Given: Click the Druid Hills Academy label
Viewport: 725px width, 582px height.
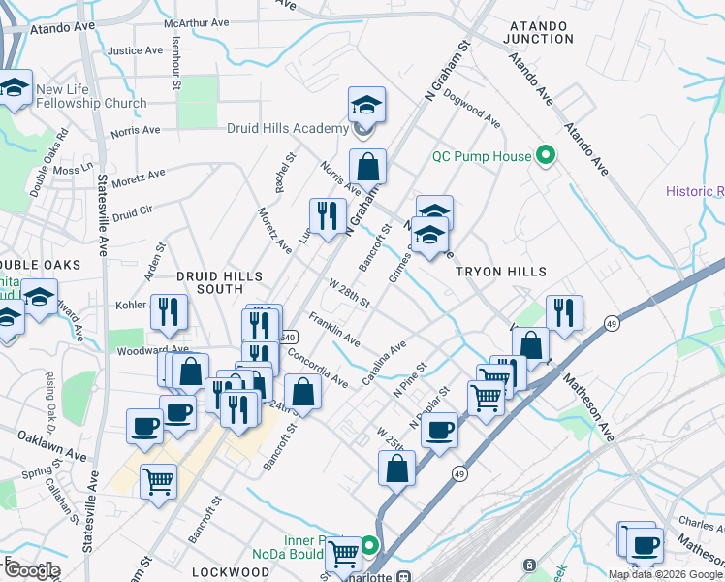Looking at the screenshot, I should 287,129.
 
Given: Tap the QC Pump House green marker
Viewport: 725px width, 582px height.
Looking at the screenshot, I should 545,156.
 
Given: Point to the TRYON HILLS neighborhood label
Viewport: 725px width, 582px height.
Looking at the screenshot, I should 502,272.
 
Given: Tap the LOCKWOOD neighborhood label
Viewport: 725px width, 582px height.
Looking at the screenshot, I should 230,572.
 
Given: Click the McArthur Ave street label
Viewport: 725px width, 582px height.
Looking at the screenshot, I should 197,21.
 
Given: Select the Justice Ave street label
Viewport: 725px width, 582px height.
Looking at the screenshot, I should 136,50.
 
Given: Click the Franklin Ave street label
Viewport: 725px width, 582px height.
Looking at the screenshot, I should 334,330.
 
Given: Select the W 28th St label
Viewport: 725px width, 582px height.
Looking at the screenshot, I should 349,294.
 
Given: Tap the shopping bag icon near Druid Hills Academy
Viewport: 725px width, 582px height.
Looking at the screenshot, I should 368,167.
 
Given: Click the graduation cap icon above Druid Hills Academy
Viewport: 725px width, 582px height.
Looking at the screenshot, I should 367,105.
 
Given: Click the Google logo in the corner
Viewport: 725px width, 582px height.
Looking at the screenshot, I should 31,570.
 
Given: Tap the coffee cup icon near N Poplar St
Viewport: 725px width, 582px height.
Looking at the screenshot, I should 439,430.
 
